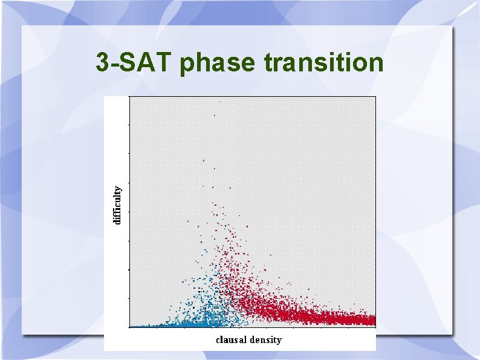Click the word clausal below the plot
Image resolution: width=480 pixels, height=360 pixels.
click(x=232, y=339)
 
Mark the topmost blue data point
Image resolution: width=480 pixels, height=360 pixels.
click(x=215, y=115)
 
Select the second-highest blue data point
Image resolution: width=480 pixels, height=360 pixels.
click(x=204, y=160)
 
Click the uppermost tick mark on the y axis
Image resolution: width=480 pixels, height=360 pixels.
click(x=129, y=124)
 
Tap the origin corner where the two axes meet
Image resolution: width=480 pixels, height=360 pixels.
click(x=129, y=327)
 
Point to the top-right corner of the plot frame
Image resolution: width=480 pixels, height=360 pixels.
click(x=375, y=97)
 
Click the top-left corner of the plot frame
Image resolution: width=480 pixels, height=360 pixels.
click(x=129, y=97)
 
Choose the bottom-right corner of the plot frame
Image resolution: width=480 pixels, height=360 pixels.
click(x=375, y=327)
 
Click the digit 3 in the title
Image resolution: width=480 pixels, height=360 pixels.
click(x=103, y=62)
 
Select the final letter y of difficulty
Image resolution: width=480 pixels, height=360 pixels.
click(x=118, y=187)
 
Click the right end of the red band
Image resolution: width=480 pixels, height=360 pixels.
click(x=374, y=319)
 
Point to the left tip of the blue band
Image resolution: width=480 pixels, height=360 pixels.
click(x=132, y=326)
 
